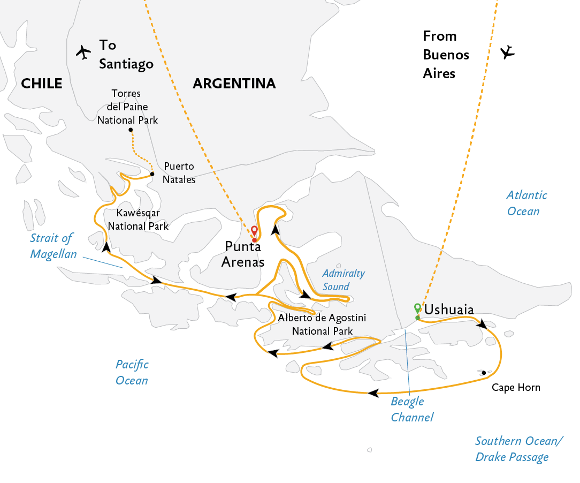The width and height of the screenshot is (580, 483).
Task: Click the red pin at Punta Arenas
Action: point(254,231)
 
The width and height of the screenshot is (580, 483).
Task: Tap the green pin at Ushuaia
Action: point(418,308)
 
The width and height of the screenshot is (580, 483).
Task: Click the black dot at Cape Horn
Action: point(484,373)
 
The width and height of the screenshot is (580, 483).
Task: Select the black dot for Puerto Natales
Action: point(152,174)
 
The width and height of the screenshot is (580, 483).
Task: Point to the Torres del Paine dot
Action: point(131,130)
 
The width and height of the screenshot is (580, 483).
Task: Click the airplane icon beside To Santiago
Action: point(83,52)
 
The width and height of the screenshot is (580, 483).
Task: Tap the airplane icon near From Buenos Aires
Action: point(507,52)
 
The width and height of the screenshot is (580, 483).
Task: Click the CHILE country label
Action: point(41,84)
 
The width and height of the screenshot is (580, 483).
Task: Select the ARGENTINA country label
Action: point(234,84)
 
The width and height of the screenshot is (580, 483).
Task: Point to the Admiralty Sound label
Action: point(344,280)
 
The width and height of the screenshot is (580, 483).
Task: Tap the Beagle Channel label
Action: point(412,409)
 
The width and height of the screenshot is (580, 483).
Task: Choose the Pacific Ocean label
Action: point(132,372)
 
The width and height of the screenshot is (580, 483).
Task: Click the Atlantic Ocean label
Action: point(526,203)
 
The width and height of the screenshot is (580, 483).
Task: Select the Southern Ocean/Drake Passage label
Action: point(519,449)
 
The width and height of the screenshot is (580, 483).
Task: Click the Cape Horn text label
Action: point(516,388)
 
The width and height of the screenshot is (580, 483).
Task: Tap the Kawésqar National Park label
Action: point(138,220)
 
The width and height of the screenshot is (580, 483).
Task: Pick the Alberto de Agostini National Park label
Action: point(322,324)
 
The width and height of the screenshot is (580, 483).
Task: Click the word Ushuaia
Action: point(449,310)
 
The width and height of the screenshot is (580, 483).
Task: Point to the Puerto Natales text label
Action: point(179,173)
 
